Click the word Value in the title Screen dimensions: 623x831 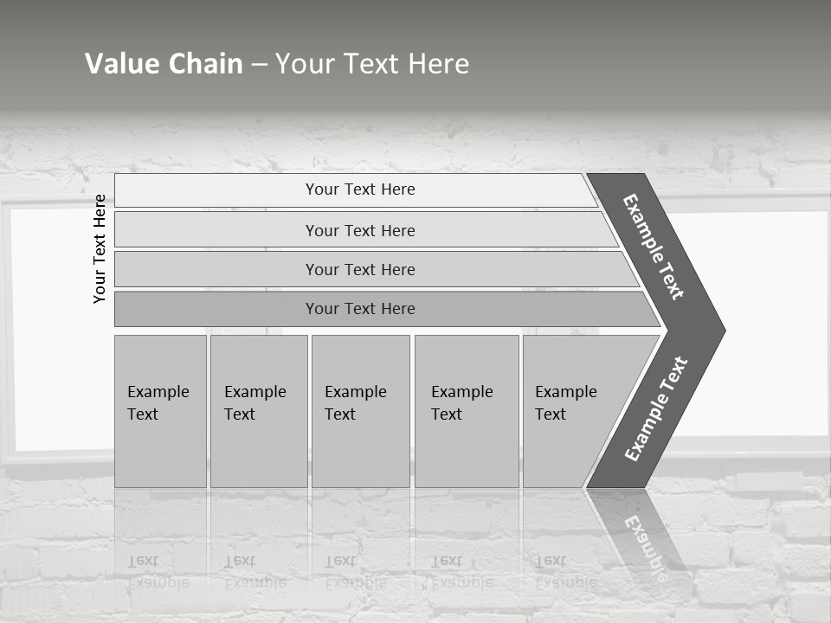pos(120,63)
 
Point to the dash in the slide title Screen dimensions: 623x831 pos(259,64)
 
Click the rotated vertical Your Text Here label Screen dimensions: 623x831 pos(100,249)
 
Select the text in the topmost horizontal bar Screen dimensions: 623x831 pos(360,189)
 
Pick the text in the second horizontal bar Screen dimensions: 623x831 pos(360,230)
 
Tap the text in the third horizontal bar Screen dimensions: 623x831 pos(360,269)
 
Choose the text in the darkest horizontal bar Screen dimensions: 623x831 pos(360,309)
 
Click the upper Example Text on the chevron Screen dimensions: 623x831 pos(654,247)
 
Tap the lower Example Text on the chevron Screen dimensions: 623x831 pos(656,409)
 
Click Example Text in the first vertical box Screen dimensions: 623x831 pos(158,403)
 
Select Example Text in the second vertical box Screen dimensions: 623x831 pos(254,403)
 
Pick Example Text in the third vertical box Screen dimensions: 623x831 pos(355,403)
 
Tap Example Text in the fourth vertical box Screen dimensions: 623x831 pos(461,403)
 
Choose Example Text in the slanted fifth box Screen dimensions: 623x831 pos(565,403)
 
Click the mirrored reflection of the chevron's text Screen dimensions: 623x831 pos(646,545)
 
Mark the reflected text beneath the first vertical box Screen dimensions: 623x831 pos(158,571)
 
